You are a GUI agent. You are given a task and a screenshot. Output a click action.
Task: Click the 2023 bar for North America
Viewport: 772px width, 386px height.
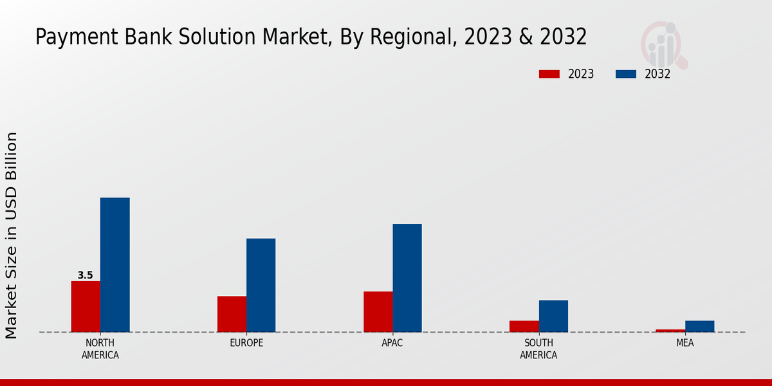click(x=86, y=306)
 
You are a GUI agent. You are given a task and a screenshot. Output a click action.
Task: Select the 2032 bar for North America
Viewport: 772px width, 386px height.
click(x=115, y=264)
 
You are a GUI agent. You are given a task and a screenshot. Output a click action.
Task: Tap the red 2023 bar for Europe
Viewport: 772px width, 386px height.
click(x=232, y=314)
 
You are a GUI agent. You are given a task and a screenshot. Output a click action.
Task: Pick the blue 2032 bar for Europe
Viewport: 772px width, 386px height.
click(x=261, y=285)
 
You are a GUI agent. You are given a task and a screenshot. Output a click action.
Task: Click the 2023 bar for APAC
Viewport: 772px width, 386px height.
click(x=378, y=311)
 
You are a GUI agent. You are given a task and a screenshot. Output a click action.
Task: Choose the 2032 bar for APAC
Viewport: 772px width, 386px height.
click(x=407, y=278)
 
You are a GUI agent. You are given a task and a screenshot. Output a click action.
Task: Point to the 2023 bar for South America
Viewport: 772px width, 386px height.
click(x=524, y=326)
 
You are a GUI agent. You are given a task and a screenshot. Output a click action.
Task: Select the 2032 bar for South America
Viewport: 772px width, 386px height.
click(x=553, y=316)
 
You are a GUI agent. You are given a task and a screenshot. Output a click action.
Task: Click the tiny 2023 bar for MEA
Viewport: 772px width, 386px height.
click(x=670, y=331)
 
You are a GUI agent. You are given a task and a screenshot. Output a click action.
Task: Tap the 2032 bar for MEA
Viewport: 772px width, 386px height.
click(x=699, y=326)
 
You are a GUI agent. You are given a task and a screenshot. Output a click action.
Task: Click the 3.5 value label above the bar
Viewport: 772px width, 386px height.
click(x=85, y=275)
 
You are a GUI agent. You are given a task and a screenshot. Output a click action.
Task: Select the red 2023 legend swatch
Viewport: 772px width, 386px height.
click(x=549, y=74)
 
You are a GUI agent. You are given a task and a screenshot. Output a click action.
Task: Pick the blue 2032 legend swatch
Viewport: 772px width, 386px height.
click(x=625, y=74)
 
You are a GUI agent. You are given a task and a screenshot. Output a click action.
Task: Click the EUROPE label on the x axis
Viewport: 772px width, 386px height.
click(x=246, y=343)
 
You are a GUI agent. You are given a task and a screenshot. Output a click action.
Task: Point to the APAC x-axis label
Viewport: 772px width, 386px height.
click(x=392, y=343)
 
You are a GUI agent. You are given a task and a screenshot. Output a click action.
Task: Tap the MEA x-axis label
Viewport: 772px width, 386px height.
click(x=685, y=343)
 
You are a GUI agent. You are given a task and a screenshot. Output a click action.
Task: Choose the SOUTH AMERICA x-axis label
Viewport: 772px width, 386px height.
click(x=538, y=349)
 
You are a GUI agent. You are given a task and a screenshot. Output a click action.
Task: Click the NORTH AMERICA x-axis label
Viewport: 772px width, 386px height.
click(x=100, y=349)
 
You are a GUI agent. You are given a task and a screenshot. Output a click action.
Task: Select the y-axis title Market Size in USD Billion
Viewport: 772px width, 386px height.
click(x=12, y=235)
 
